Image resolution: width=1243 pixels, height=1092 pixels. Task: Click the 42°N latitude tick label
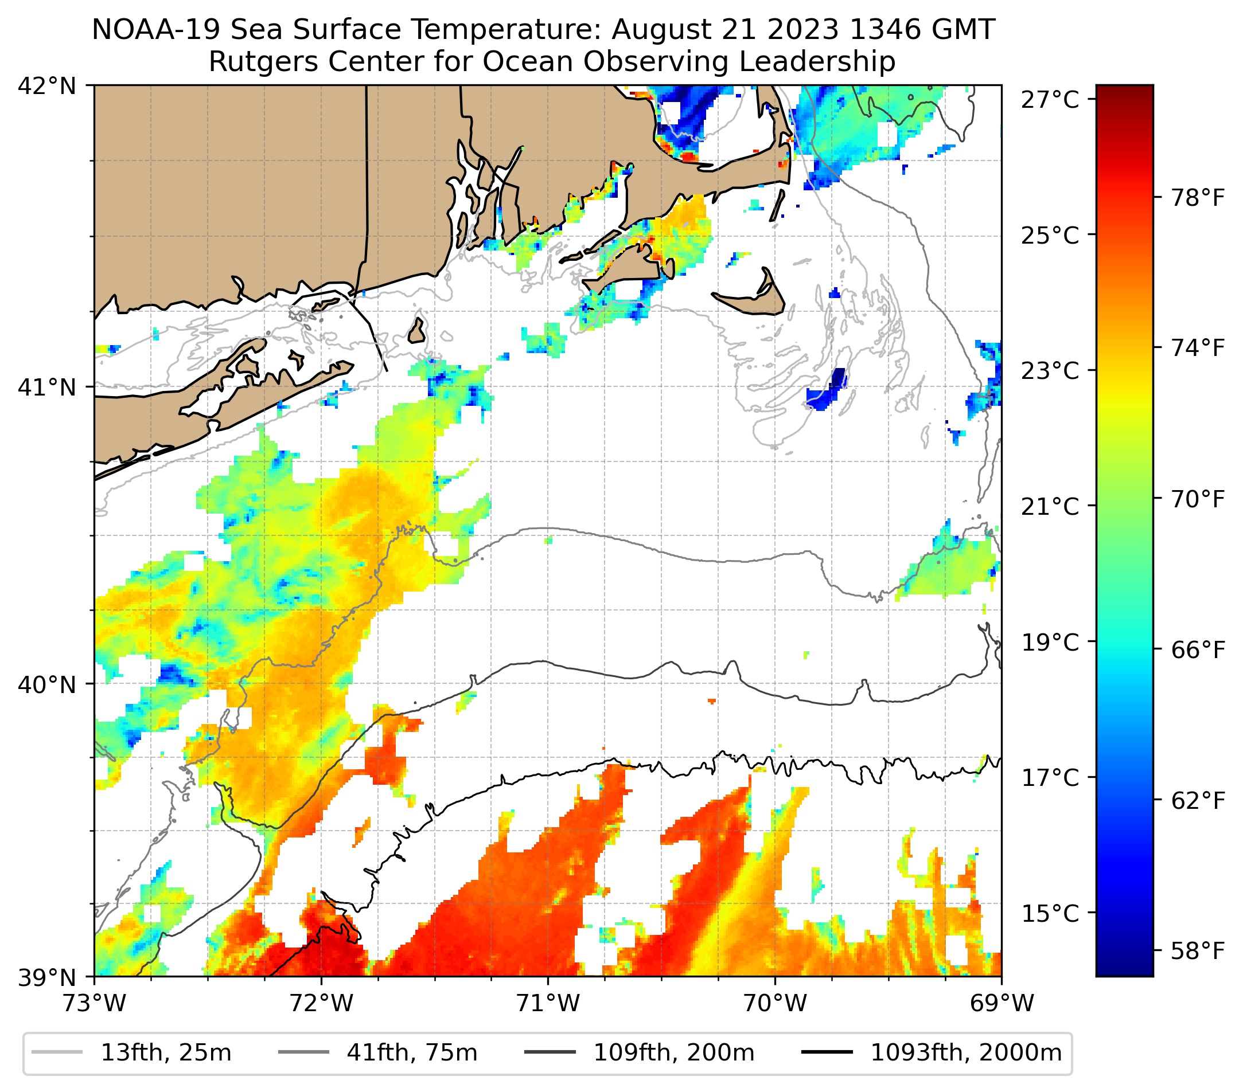click(47, 87)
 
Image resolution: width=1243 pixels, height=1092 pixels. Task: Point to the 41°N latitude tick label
click(47, 386)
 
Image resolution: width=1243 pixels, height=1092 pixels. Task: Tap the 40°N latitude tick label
click(47, 684)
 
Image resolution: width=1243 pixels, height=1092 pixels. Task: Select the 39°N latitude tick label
click(47, 978)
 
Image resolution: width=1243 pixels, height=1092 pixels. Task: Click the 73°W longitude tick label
click(94, 1003)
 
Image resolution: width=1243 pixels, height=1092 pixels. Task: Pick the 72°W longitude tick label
click(321, 1003)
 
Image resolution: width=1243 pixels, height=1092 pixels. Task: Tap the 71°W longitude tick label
click(548, 1003)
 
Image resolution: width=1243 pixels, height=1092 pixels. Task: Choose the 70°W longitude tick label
click(776, 1003)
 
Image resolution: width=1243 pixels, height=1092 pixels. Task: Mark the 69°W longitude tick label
click(1002, 1003)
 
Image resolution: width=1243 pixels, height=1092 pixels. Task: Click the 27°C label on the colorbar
click(1050, 100)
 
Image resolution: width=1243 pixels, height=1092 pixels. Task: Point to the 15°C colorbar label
click(1050, 913)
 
